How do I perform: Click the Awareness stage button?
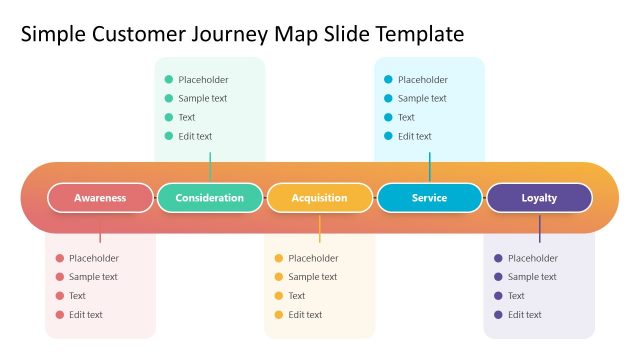[100, 198]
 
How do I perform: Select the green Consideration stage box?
[210, 198]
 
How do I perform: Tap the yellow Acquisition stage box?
[320, 198]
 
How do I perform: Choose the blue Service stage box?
[429, 198]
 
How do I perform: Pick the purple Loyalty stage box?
[539, 198]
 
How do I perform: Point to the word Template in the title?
[420, 35]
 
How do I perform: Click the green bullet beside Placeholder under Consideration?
[169, 80]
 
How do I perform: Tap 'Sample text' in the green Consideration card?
[202, 99]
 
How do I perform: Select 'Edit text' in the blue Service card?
[415, 136]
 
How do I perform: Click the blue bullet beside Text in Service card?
[388, 117]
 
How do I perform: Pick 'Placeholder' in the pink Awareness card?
[94, 258]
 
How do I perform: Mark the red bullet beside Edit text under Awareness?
[60, 315]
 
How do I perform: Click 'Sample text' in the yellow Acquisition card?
[312, 277]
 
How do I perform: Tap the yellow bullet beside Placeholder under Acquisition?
[279, 258]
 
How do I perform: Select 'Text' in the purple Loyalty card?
[516, 296]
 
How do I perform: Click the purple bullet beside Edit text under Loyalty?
[498, 315]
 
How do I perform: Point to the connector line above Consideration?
[210, 167]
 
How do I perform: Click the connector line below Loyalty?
[539, 228]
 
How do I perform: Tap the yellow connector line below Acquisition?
[320, 228]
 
